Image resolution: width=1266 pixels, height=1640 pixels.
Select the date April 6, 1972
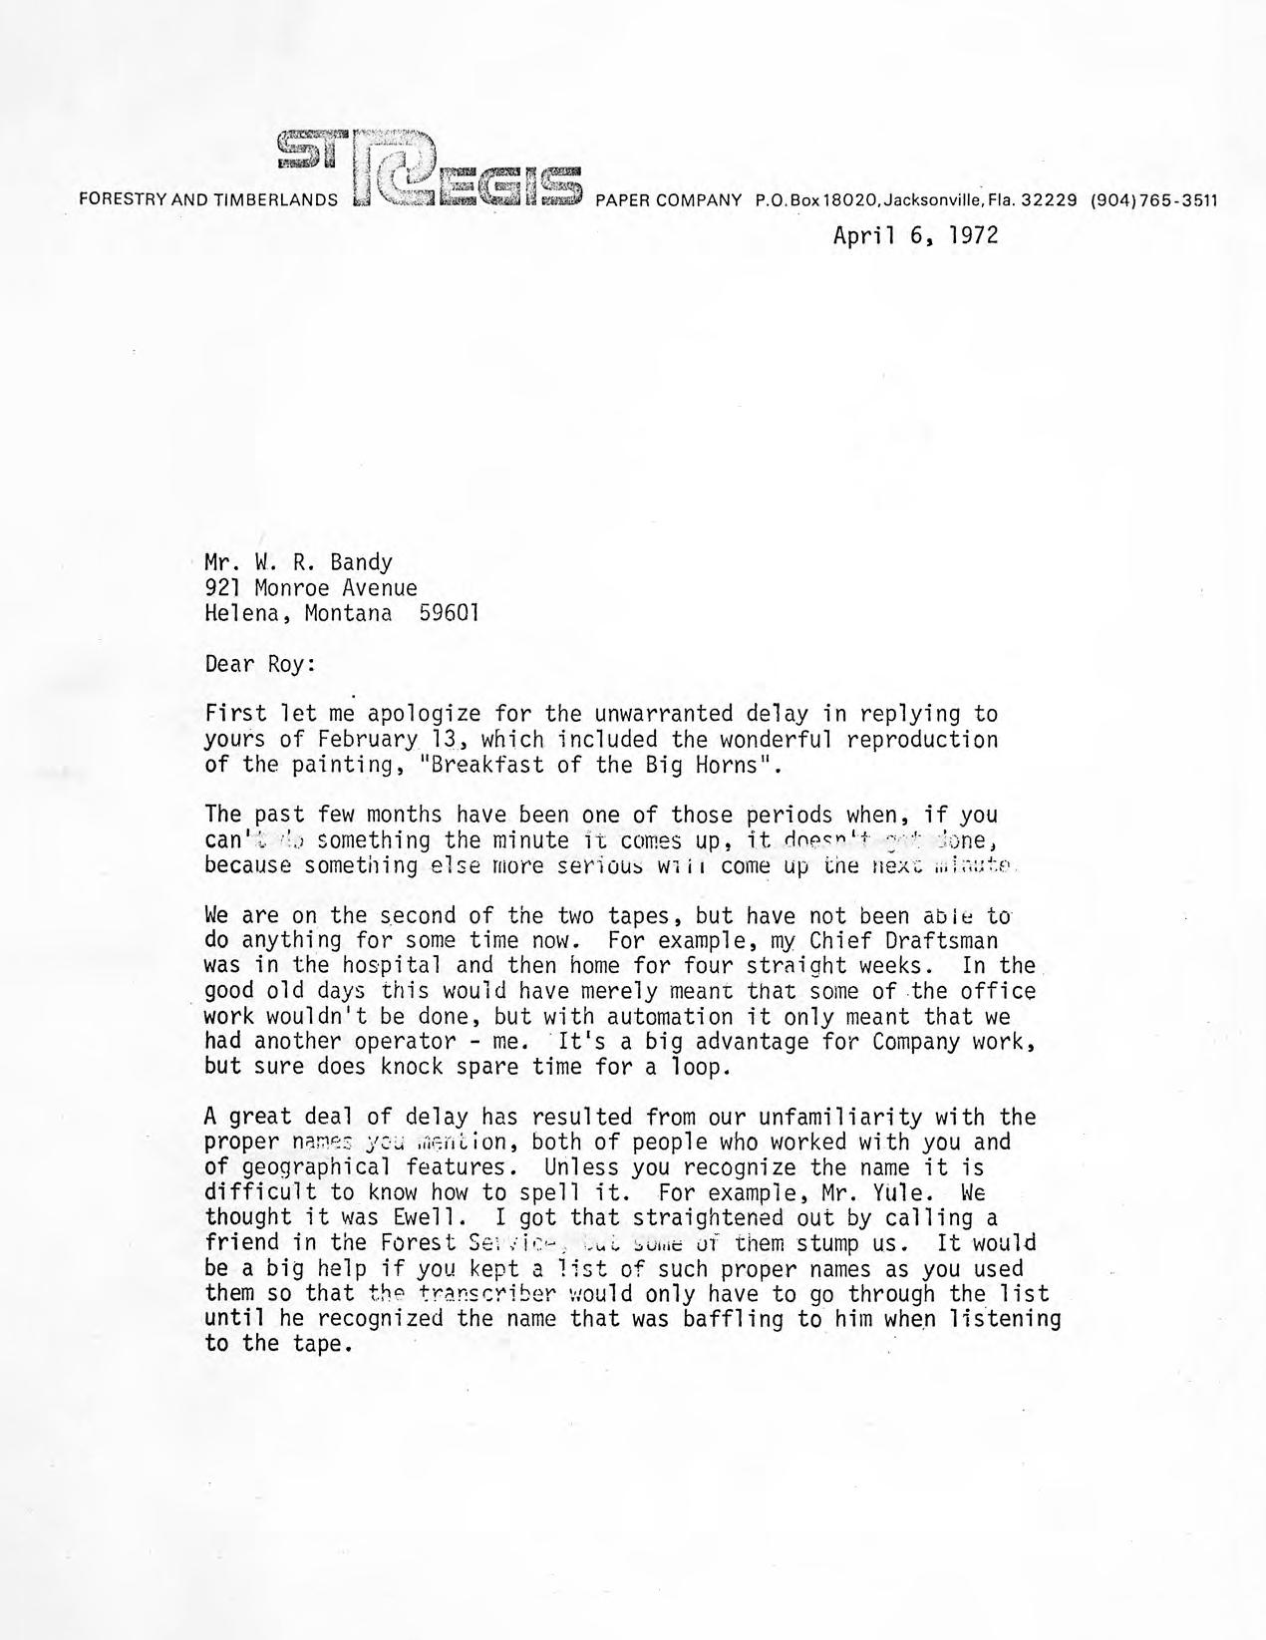pyautogui.click(x=914, y=236)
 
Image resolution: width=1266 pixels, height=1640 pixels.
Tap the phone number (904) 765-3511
pyautogui.click(x=1153, y=199)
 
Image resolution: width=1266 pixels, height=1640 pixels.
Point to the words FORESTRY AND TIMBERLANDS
pyautogui.click(x=207, y=199)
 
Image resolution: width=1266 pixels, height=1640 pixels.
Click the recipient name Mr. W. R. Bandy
pyautogui.click(x=298, y=562)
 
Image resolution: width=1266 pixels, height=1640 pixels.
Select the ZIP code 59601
pyautogui.click(x=449, y=613)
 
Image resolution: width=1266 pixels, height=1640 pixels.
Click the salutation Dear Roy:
pyautogui.click(x=260, y=664)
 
